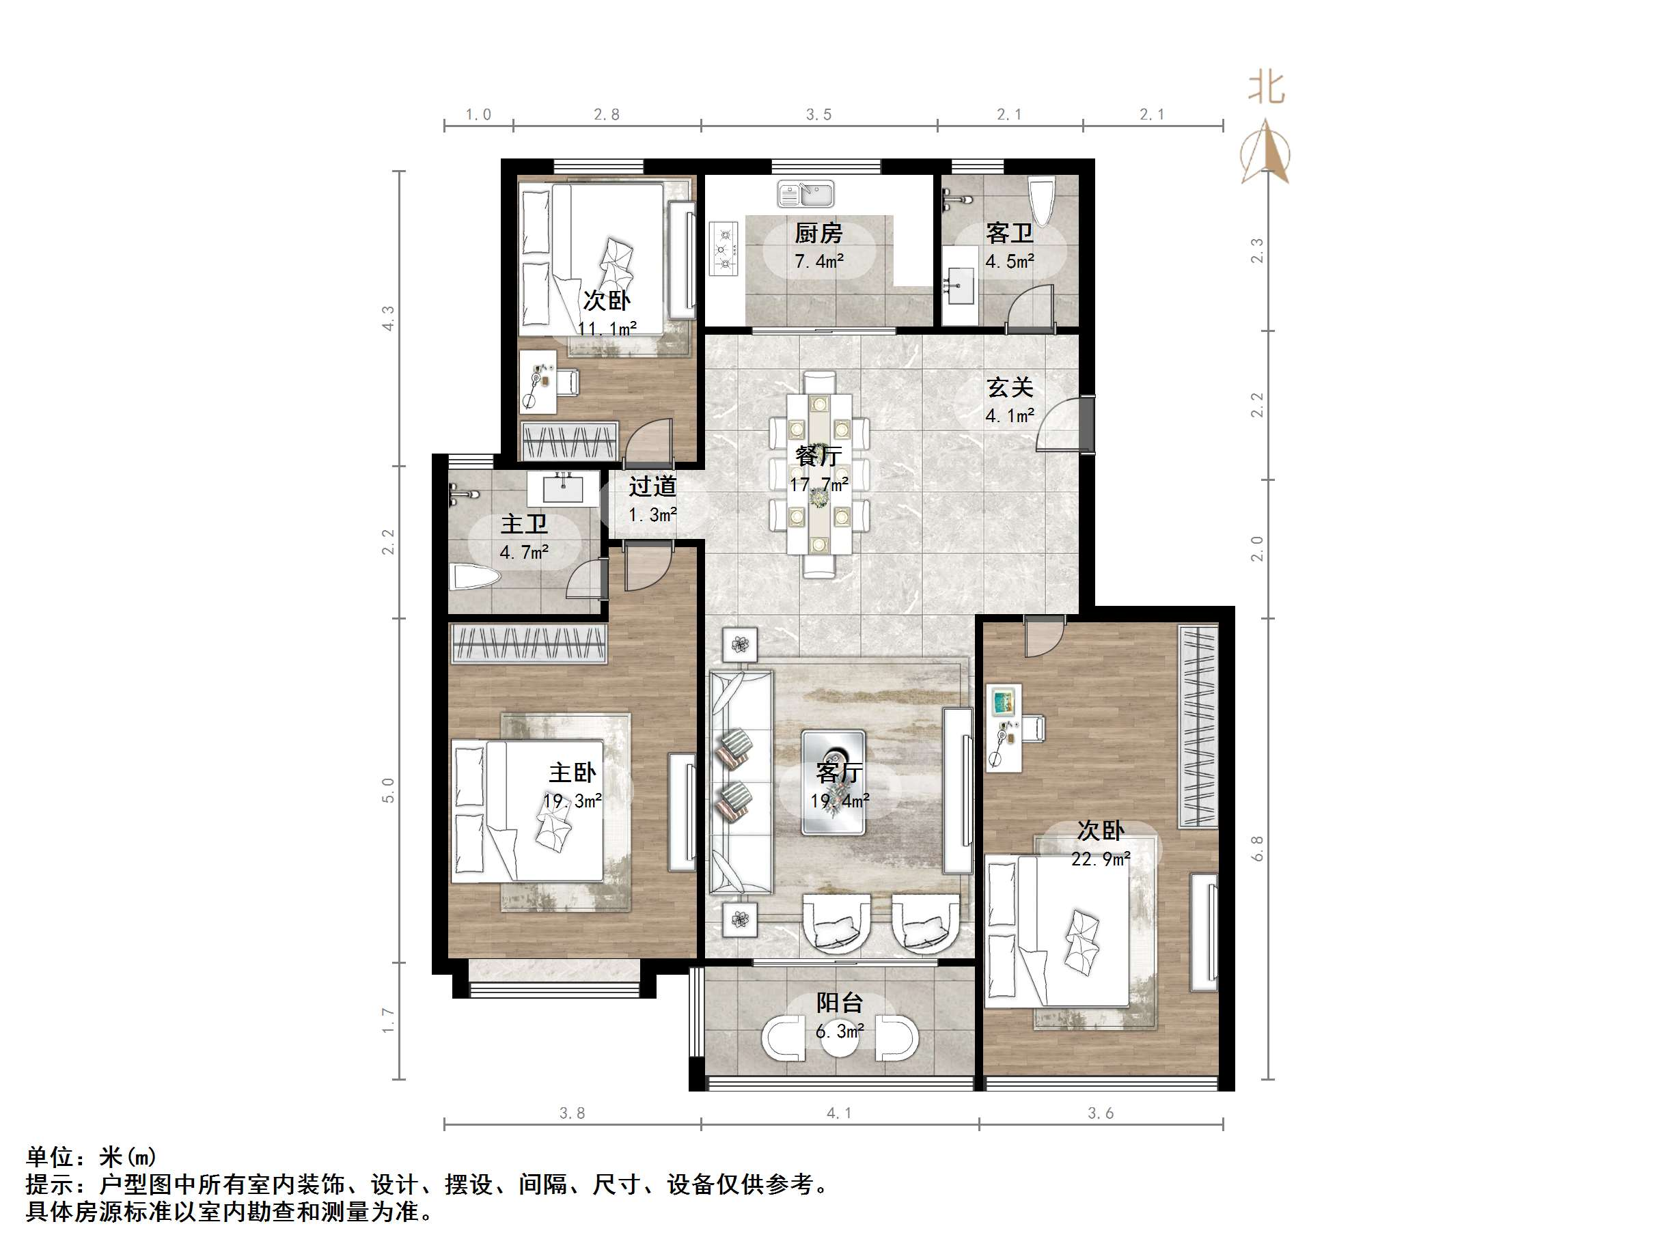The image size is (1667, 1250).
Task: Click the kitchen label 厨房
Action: pyautogui.click(x=818, y=233)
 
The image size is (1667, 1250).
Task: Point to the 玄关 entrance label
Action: pyautogui.click(x=1009, y=387)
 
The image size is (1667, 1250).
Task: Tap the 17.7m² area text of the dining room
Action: pyautogui.click(x=818, y=484)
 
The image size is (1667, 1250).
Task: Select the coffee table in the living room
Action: pyautogui.click(x=833, y=781)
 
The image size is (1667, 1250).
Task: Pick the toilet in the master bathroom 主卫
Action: pyautogui.click(x=475, y=579)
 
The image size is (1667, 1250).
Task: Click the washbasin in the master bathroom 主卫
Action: pyautogui.click(x=563, y=490)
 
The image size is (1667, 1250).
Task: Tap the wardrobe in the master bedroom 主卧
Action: pyautogui.click(x=528, y=644)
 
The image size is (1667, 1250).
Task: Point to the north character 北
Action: pyautogui.click(x=1266, y=88)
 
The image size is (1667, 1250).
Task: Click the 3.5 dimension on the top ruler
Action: pyautogui.click(x=818, y=115)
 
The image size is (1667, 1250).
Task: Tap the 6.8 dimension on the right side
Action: pyautogui.click(x=1257, y=848)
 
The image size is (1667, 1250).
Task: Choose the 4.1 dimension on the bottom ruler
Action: pyautogui.click(x=838, y=1113)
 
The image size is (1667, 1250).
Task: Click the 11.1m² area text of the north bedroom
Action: pyautogui.click(x=607, y=329)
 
